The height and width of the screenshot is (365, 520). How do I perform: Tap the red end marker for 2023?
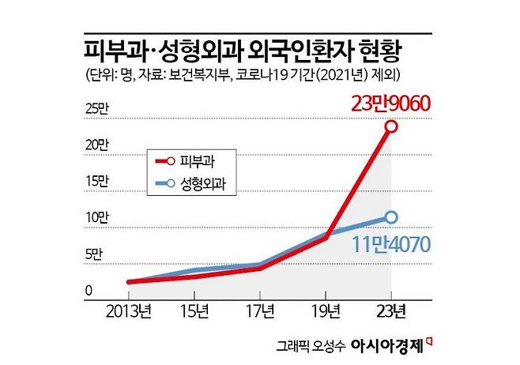pyautogui.click(x=390, y=126)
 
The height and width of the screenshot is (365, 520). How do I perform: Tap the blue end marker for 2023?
pyautogui.click(x=390, y=217)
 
